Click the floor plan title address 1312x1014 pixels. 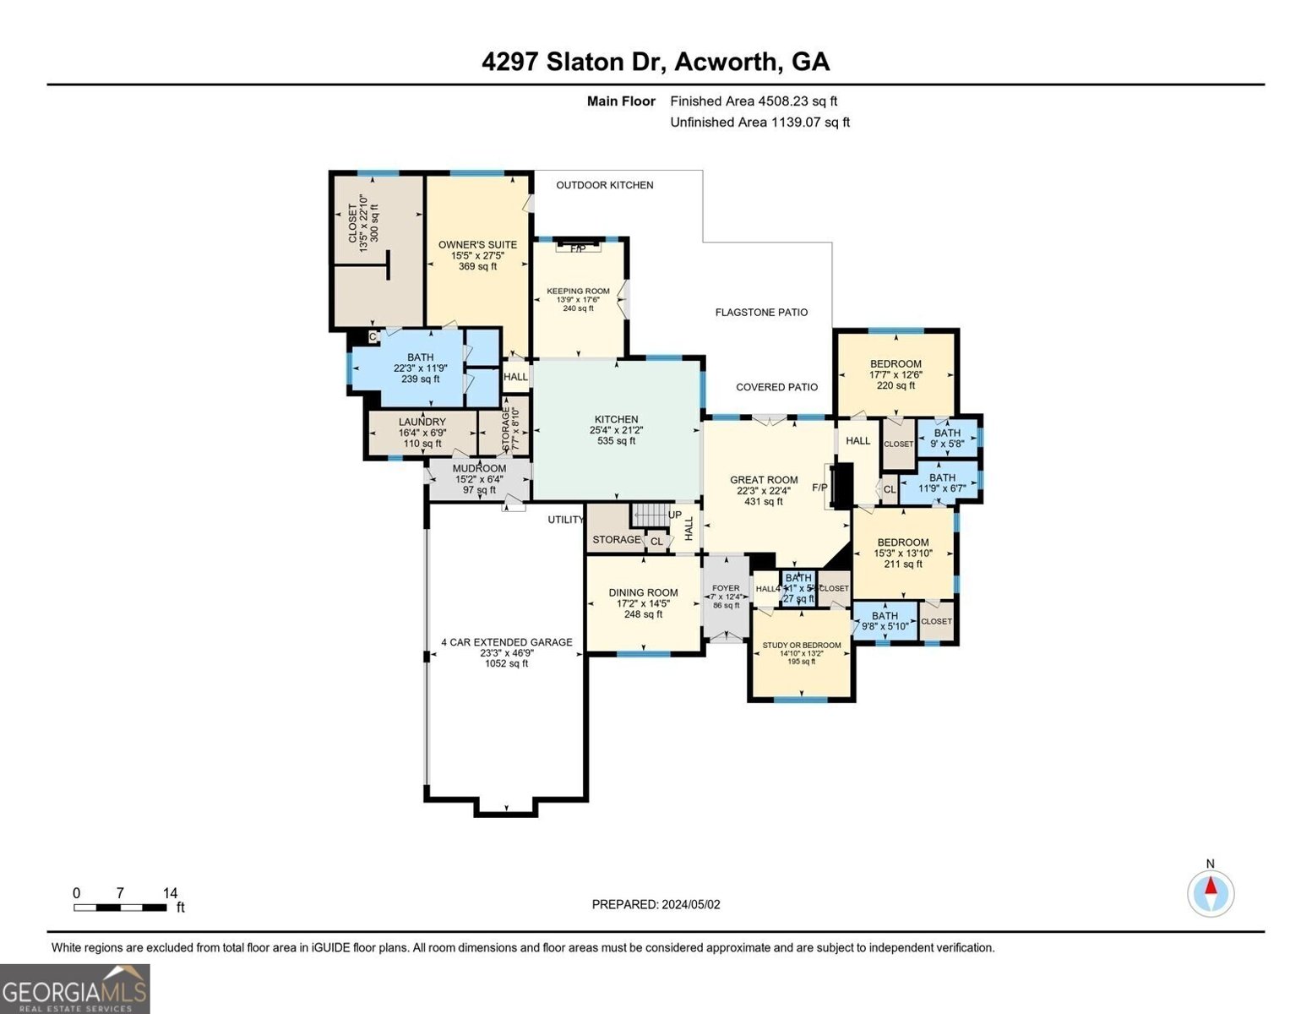(656, 62)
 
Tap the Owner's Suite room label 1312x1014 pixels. (477, 245)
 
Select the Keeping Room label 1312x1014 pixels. (578, 292)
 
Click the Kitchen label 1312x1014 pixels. (616, 419)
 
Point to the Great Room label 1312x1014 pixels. (764, 480)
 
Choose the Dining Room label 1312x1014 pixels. (643, 592)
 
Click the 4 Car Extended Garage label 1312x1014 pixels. (506, 642)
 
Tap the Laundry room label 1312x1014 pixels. (422, 422)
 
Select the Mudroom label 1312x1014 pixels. (479, 468)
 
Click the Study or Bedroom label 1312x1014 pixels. (801, 646)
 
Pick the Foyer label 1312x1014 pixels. (726, 588)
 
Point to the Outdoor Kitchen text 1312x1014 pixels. (604, 185)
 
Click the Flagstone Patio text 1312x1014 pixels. (761, 312)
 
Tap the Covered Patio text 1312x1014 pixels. (776, 387)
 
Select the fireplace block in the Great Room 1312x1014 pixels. (841, 486)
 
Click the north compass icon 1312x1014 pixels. (1211, 892)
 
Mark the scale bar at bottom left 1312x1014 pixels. (120, 908)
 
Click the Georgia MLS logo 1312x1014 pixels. (75, 989)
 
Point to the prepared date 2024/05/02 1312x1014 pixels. (656, 904)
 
